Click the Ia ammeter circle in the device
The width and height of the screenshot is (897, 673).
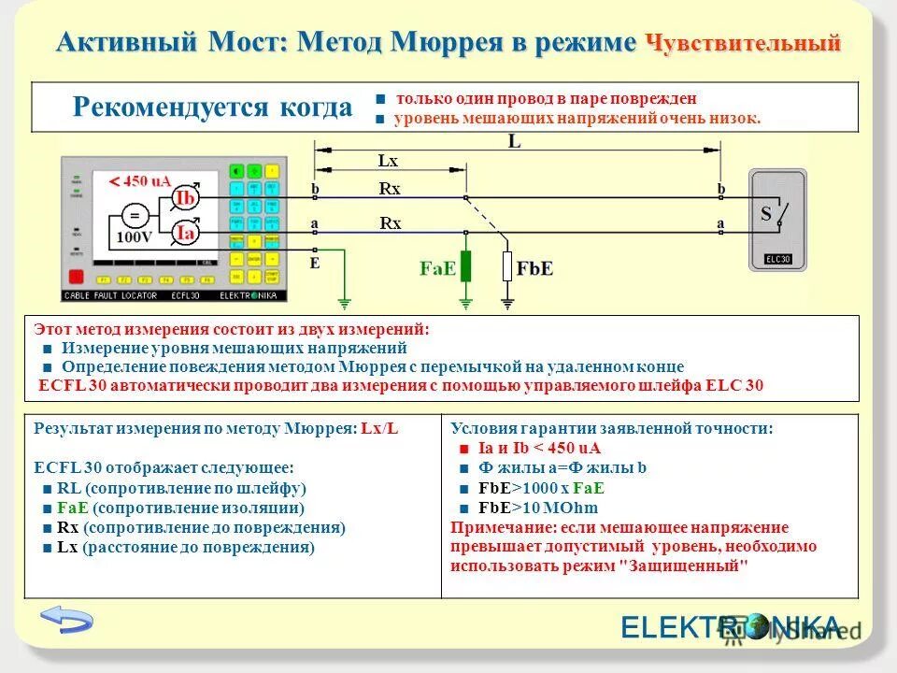click(185, 233)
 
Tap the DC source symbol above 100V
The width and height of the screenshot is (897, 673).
click(134, 216)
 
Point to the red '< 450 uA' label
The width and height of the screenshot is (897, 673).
click(140, 181)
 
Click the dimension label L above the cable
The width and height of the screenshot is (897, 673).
click(515, 141)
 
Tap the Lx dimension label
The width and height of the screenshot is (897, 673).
click(388, 161)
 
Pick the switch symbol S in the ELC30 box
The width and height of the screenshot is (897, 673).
click(777, 214)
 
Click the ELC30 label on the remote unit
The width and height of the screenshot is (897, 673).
click(777, 259)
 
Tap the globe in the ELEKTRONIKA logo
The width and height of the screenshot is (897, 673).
click(753, 626)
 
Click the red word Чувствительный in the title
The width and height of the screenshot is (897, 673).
click(744, 43)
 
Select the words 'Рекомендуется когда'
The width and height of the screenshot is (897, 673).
click(212, 107)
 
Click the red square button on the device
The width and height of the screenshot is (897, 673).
click(77, 277)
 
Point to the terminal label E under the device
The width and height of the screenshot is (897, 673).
click(314, 265)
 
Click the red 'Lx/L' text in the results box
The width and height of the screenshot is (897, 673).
click(379, 428)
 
